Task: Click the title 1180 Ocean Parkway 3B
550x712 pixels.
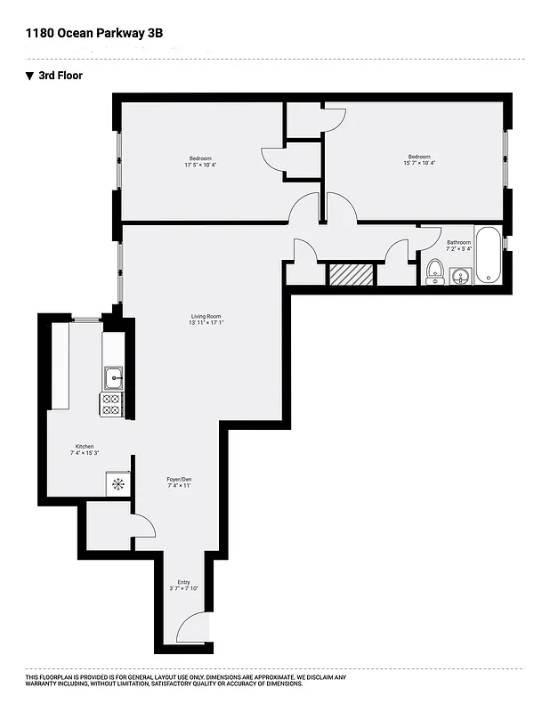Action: tap(93, 33)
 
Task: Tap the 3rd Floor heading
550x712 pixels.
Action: tap(61, 76)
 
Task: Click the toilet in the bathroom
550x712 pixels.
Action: tap(435, 271)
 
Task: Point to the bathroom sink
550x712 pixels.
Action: tap(460, 277)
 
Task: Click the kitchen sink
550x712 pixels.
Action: tap(113, 378)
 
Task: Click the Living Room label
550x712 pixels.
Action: tap(206, 316)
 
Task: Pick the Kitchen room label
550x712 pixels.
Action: tap(85, 447)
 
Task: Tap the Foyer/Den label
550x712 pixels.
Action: tap(180, 480)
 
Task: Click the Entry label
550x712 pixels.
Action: tap(183, 582)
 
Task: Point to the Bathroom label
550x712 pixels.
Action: tap(458, 242)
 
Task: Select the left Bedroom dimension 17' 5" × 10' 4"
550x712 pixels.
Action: tap(200, 165)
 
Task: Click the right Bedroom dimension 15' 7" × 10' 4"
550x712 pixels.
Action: tap(419, 164)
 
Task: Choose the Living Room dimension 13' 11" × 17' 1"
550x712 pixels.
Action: tap(206, 323)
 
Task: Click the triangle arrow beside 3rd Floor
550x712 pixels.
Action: tap(29, 76)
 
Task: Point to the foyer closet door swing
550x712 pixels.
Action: tap(144, 527)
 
